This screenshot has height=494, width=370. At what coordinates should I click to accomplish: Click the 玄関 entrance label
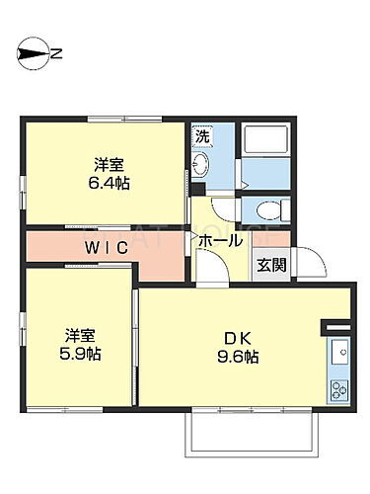[x=271, y=265]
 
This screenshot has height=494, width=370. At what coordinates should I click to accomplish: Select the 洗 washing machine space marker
[x=201, y=135]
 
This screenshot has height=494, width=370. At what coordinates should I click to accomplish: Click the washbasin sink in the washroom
[x=201, y=164]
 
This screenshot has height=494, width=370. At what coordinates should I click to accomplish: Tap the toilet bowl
[x=267, y=208]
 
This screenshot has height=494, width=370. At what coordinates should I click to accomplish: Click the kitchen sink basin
[x=338, y=349]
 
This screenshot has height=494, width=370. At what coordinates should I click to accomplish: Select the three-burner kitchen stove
[x=338, y=386]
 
